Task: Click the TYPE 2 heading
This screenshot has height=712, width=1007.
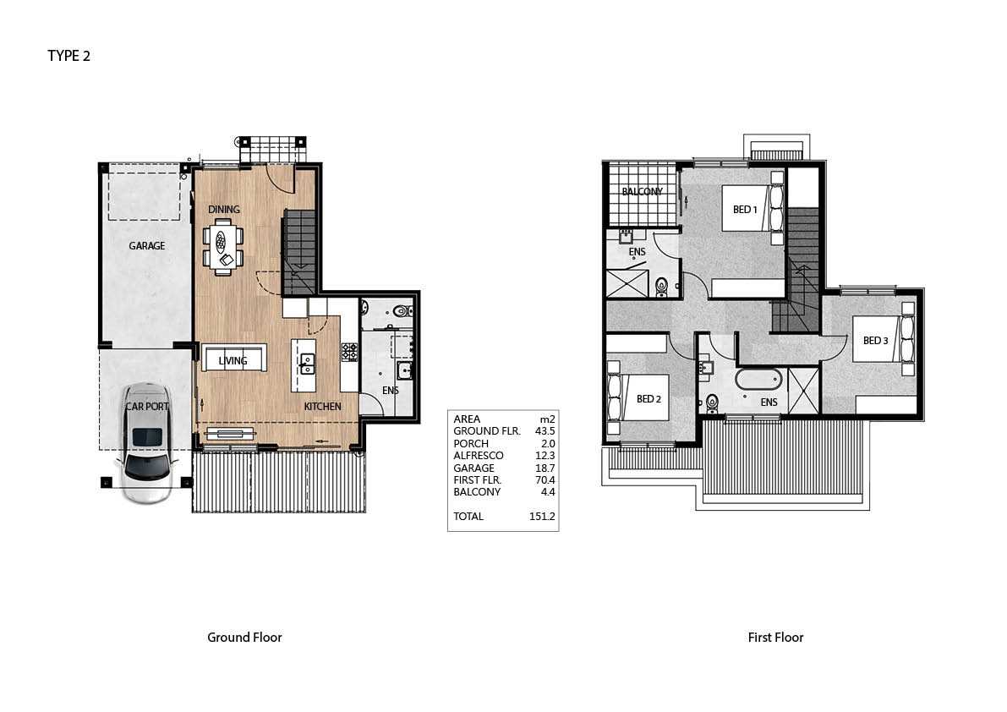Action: click(68, 56)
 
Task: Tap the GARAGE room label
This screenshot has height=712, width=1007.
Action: click(146, 246)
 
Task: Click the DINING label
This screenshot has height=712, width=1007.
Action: click(223, 210)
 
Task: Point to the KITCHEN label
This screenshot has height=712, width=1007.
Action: click(322, 407)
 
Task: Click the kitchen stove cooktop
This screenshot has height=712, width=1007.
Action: click(349, 352)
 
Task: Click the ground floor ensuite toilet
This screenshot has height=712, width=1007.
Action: click(402, 311)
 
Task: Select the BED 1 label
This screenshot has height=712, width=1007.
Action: click(745, 210)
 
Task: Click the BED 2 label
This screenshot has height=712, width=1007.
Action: click(649, 398)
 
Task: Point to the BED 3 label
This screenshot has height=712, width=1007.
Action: click(875, 340)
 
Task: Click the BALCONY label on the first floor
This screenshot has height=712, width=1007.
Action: click(643, 191)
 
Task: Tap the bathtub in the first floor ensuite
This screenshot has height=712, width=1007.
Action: click(758, 380)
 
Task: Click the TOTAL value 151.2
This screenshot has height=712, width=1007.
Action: click(542, 516)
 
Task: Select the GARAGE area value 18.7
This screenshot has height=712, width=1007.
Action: click(545, 468)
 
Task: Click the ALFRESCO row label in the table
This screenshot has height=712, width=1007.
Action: click(479, 456)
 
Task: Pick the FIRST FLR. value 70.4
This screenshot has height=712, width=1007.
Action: click(545, 480)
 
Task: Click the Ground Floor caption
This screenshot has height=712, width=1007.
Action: click(244, 638)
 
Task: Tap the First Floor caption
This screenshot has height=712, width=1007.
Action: click(776, 638)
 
